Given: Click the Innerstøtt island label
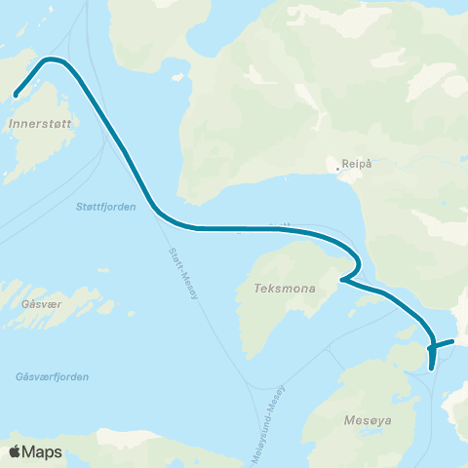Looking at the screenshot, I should click(x=38, y=124).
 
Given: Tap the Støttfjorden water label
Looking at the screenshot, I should click(x=105, y=206).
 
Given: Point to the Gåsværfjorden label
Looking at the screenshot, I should click(x=53, y=376).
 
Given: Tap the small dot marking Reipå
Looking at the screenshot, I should click(x=338, y=169).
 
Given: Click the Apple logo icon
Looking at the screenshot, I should click(x=15, y=451).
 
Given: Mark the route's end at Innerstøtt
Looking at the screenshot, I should click(x=16, y=95).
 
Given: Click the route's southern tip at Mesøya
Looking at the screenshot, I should click(x=431, y=369).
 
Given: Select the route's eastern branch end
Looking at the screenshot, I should click(x=453, y=341).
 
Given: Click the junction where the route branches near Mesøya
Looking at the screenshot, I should click(x=431, y=345).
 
